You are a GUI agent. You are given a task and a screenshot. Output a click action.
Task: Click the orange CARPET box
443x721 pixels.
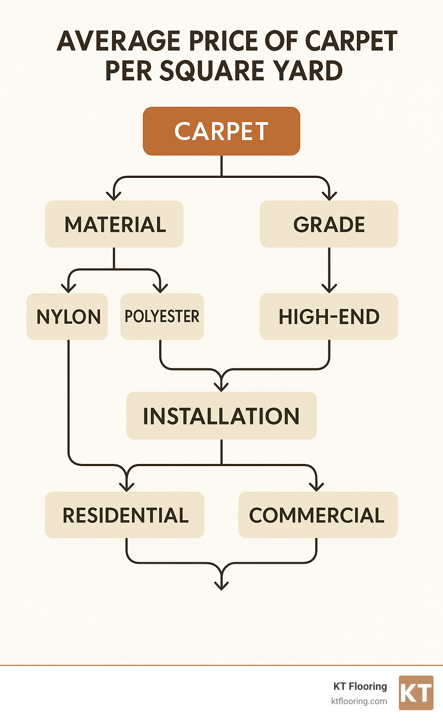[x=221, y=131]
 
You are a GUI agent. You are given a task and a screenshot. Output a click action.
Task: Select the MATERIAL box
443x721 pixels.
[x=114, y=224]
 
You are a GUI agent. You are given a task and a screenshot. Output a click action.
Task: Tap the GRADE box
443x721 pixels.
[x=329, y=224]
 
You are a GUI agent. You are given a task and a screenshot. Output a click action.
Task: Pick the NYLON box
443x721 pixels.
[x=67, y=316]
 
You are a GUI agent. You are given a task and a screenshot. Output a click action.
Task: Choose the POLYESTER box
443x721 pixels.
[x=162, y=316]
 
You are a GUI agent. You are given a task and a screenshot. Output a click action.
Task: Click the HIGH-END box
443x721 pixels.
[x=329, y=316]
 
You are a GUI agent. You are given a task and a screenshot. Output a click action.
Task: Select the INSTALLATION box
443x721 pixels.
[x=221, y=415]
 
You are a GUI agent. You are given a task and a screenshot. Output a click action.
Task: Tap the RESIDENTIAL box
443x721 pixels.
[x=125, y=515]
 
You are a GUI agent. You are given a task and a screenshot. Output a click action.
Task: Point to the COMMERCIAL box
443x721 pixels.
[x=318, y=515]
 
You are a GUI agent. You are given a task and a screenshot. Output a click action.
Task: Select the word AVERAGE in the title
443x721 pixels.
[x=119, y=41]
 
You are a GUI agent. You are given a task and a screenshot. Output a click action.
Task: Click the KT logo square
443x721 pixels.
[x=416, y=693]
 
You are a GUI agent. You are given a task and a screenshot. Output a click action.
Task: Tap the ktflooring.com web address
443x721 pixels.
[x=359, y=701]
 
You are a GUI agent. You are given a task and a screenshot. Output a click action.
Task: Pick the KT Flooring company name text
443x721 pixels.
[x=360, y=686]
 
